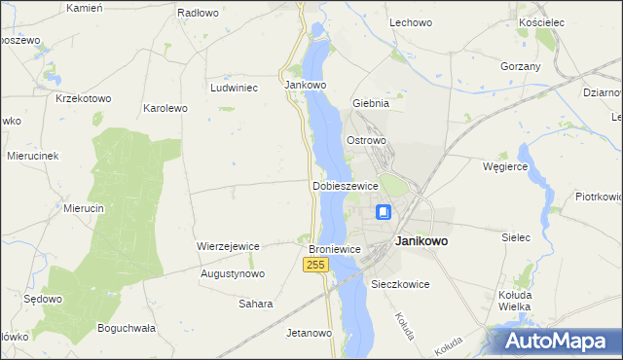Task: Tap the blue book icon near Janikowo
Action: [x=384, y=212]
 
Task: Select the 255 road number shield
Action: [x=314, y=266]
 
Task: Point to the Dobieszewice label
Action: [x=345, y=185]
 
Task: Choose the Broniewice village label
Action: [x=335, y=250]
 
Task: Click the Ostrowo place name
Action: [x=367, y=140]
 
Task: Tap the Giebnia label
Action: [x=371, y=102]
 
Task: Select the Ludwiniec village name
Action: [x=234, y=87]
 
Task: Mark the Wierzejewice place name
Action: [x=228, y=246]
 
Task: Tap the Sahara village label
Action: [x=256, y=304]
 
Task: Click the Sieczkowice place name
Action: [x=400, y=284]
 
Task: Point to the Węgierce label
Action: [x=505, y=166]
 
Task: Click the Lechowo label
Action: [x=410, y=21]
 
